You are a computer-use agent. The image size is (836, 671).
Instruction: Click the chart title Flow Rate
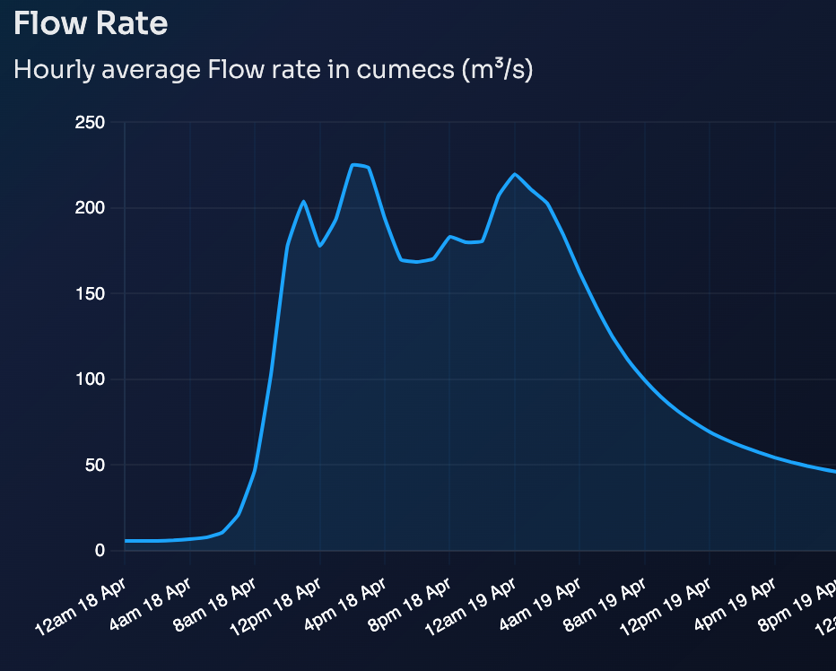[91, 23]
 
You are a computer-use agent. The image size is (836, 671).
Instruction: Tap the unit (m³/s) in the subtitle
[497, 70]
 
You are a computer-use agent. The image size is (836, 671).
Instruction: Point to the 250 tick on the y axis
[90, 123]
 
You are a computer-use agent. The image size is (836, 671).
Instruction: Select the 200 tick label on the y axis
[90, 208]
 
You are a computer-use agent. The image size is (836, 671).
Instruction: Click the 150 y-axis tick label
[90, 294]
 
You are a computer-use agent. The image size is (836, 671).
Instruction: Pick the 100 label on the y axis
[90, 379]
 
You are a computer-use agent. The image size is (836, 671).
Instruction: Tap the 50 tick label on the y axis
[93, 466]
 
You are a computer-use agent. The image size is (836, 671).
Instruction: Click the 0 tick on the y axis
[100, 551]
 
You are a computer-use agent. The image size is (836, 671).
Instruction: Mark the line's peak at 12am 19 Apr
[515, 174]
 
